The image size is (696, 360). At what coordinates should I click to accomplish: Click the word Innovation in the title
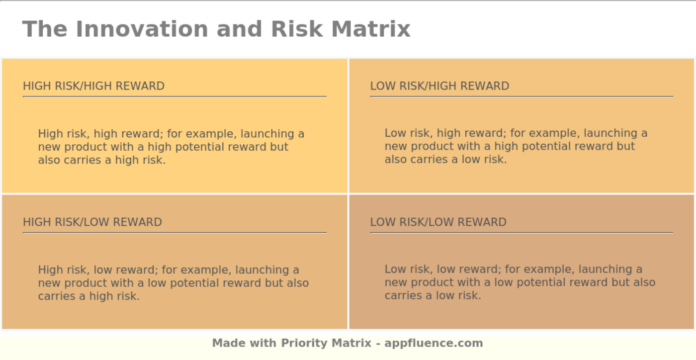tap(142, 29)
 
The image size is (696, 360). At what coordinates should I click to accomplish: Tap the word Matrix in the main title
tap(371, 29)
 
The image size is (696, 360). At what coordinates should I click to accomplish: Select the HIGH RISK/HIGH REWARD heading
tap(93, 86)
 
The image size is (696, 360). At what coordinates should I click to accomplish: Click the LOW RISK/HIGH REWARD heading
tap(439, 86)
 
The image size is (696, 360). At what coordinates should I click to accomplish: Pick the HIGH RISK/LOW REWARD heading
tap(92, 222)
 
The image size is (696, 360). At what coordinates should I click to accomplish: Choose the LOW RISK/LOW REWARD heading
tap(438, 222)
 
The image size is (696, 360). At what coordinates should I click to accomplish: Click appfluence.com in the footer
tap(434, 343)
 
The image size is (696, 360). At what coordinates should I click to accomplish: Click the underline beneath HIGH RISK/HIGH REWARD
tap(174, 96)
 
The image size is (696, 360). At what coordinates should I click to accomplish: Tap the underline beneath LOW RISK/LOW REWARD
tap(522, 233)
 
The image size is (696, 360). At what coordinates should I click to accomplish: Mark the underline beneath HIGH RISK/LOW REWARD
tap(174, 233)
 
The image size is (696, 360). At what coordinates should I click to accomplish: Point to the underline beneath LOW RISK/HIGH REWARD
tap(522, 96)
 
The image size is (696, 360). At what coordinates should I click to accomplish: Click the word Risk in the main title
tap(297, 29)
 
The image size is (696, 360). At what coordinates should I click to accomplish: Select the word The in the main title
tap(45, 29)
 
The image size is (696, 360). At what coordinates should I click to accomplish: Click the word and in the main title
tap(239, 29)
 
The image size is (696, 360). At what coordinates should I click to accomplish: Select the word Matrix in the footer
tap(351, 343)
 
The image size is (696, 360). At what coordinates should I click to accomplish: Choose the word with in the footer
tap(263, 343)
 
